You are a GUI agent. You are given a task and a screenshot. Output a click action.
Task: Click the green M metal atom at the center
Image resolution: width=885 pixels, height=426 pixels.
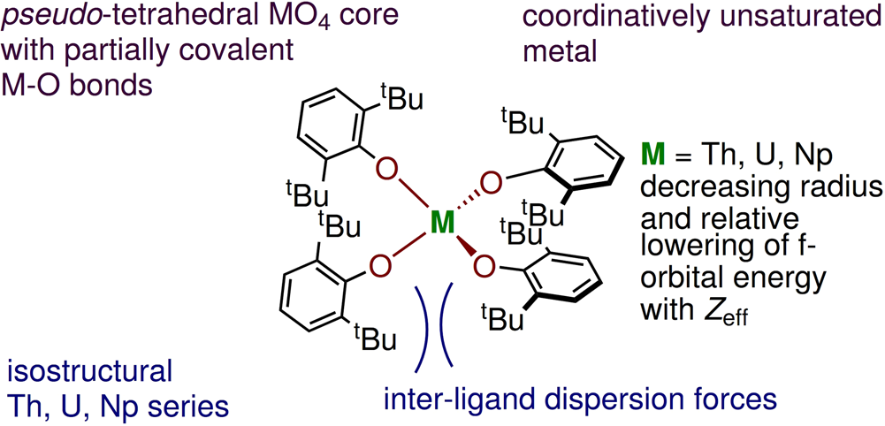[x=441, y=224]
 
